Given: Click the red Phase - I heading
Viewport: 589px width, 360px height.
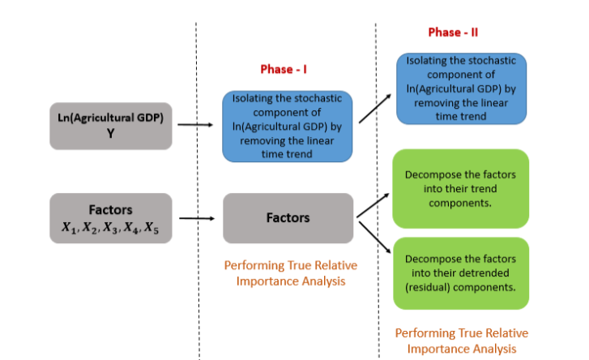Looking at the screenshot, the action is tap(284, 69).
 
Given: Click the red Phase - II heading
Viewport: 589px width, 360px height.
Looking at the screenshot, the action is tap(453, 32).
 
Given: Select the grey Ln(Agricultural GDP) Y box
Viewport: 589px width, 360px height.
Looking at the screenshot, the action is tap(111, 126).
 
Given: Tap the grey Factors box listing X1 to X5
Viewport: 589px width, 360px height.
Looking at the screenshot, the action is tap(111, 218).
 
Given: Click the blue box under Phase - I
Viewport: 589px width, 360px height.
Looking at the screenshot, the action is tap(288, 126).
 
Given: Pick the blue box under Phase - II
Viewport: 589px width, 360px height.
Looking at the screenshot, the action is tap(461, 88).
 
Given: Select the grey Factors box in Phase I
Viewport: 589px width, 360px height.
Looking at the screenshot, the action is tap(288, 218).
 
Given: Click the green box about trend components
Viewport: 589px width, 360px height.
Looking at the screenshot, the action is tap(460, 189).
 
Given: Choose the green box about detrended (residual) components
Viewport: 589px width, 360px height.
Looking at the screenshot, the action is tap(461, 273).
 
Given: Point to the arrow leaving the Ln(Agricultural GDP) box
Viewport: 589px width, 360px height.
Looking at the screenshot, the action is tap(195, 124).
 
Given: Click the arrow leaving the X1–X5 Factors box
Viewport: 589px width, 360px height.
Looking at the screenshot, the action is tap(197, 218).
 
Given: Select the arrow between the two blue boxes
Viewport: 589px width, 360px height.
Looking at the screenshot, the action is tap(375, 109).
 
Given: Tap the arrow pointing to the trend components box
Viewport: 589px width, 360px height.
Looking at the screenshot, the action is tap(373, 205).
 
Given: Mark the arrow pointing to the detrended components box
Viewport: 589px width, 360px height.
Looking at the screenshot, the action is tap(375, 238).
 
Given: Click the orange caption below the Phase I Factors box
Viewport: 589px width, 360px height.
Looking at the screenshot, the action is tap(291, 273).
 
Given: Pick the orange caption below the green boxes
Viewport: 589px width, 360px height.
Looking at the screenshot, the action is tap(462, 341).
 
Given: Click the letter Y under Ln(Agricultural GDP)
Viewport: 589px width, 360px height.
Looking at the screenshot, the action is tap(110, 134).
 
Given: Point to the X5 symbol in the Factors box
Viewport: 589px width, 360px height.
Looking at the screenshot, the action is tap(152, 228).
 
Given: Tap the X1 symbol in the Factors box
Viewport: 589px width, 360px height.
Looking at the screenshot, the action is tap(69, 227).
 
